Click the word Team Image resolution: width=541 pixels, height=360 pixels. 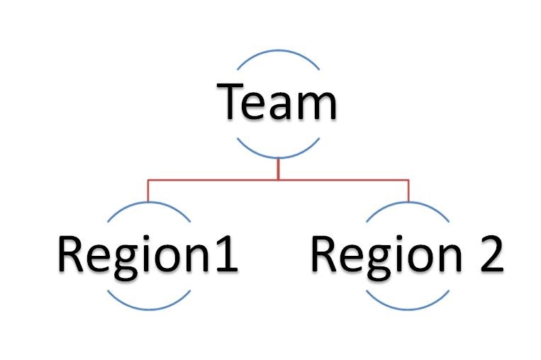click(x=277, y=103)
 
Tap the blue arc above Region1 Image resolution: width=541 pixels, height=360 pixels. click(x=147, y=206)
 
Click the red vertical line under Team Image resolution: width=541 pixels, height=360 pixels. click(x=278, y=169)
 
